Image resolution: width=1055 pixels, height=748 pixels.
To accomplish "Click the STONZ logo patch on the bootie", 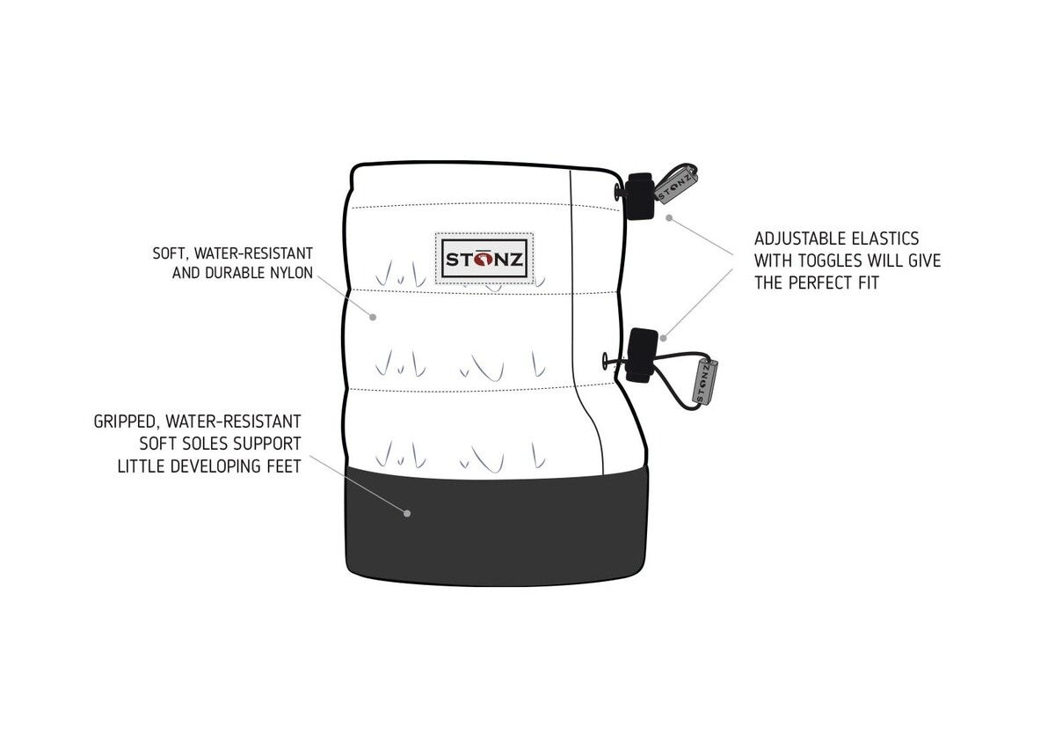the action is [x=484, y=259].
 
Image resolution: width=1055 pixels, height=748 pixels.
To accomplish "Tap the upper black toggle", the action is [x=640, y=196].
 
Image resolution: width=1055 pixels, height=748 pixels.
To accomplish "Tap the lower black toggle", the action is [x=642, y=355].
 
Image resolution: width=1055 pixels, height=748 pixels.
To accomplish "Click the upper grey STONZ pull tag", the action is [x=676, y=185].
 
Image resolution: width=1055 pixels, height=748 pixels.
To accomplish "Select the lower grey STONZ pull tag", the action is [x=705, y=382].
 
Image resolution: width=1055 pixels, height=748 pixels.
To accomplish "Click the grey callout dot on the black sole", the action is [x=407, y=513].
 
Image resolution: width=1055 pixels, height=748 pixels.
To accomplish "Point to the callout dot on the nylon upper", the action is [x=373, y=317].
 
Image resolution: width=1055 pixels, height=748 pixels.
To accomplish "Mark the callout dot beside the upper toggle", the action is [x=669, y=217].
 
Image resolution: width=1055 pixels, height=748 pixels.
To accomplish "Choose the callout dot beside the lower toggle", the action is [x=663, y=338].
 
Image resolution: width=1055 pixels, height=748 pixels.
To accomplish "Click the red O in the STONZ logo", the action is [x=484, y=260].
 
